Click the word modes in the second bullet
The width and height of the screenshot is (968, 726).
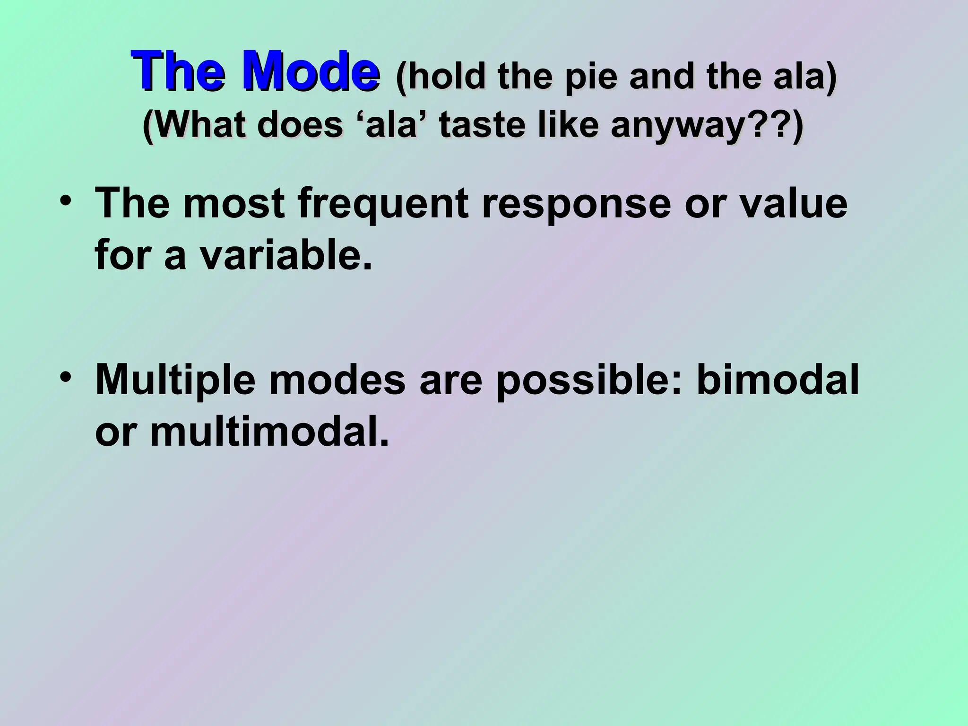click(337, 381)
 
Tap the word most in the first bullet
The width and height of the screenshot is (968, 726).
click(234, 204)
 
